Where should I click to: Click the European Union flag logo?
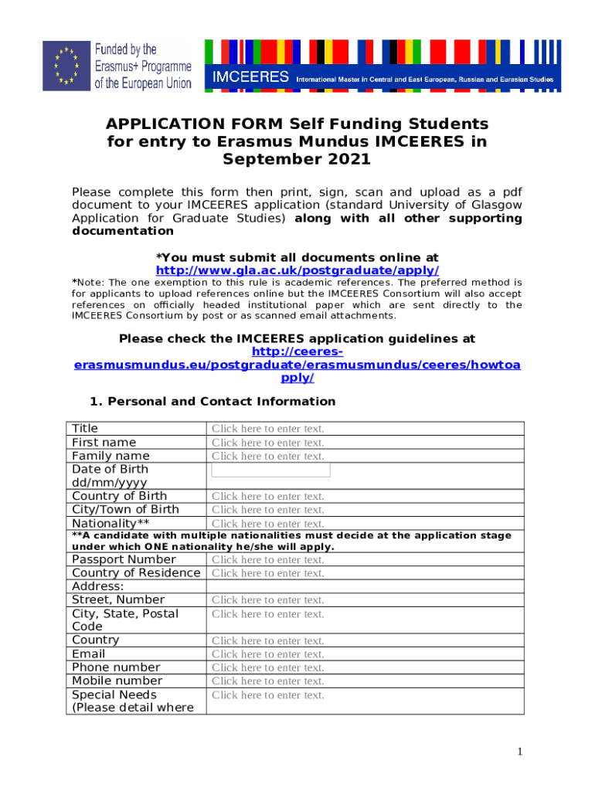click(x=66, y=66)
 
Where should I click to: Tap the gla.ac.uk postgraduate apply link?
click(x=297, y=270)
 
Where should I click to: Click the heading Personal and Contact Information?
click(x=221, y=402)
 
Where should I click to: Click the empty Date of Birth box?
click(x=270, y=470)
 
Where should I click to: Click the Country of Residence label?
click(x=136, y=573)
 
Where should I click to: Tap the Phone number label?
click(x=116, y=667)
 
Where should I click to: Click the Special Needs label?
click(x=114, y=695)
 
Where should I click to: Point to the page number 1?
click(x=521, y=752)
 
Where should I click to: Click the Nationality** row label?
click(x=110, y=523)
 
